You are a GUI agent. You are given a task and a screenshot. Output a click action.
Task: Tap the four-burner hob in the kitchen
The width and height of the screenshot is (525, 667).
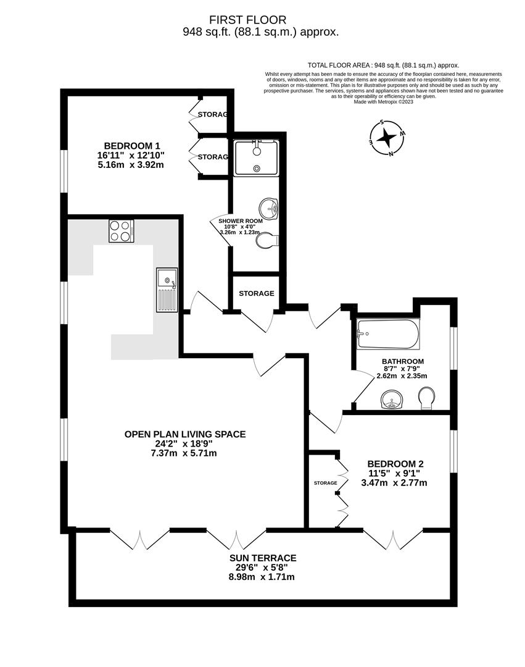coord(122,231)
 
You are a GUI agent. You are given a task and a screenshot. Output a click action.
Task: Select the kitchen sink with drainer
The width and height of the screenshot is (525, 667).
coord(167,290)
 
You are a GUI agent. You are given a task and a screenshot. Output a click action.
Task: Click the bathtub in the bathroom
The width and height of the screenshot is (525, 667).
coord(387,334)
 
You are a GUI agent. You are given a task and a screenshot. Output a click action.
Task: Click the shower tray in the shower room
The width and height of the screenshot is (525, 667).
coord(256,157)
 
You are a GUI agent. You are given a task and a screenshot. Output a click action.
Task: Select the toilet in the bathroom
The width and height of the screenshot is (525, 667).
coord(426,398)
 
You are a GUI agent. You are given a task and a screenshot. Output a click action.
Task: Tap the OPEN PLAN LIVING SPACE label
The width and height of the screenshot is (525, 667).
coord(185,434)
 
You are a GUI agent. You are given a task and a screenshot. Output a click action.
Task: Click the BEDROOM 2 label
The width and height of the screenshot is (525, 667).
coord(395,464)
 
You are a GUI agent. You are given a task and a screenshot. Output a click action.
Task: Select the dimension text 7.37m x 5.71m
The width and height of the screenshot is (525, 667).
coord(185,453)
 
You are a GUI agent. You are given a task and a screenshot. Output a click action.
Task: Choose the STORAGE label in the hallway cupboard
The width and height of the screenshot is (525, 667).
coord(257,293)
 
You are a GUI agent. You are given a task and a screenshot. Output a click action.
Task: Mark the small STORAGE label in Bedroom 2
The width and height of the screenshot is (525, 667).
coord(325,483)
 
